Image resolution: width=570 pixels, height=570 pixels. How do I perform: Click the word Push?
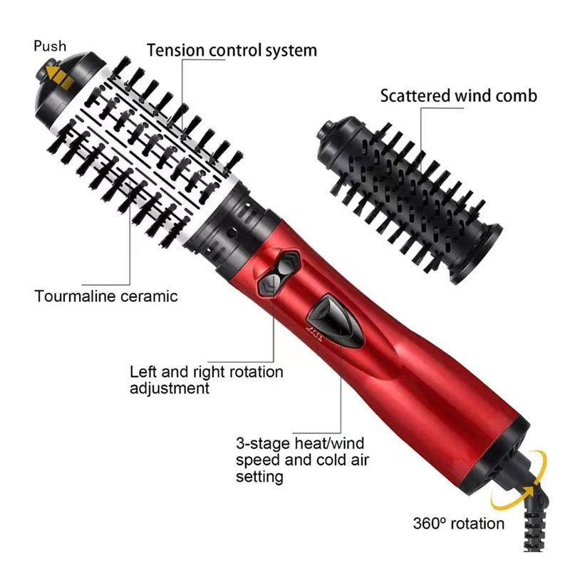50,46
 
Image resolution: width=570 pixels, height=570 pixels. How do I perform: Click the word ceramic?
149,296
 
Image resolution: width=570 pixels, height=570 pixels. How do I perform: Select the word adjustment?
170,388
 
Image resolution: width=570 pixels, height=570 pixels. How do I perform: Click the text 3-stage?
263,444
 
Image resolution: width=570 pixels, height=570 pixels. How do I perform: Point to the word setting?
259,477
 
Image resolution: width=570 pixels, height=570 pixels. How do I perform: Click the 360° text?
429,524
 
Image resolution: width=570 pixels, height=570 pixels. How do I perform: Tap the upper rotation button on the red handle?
287,264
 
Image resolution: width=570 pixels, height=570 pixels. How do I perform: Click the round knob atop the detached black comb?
327,130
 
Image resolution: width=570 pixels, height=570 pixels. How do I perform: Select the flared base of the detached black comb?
477,254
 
